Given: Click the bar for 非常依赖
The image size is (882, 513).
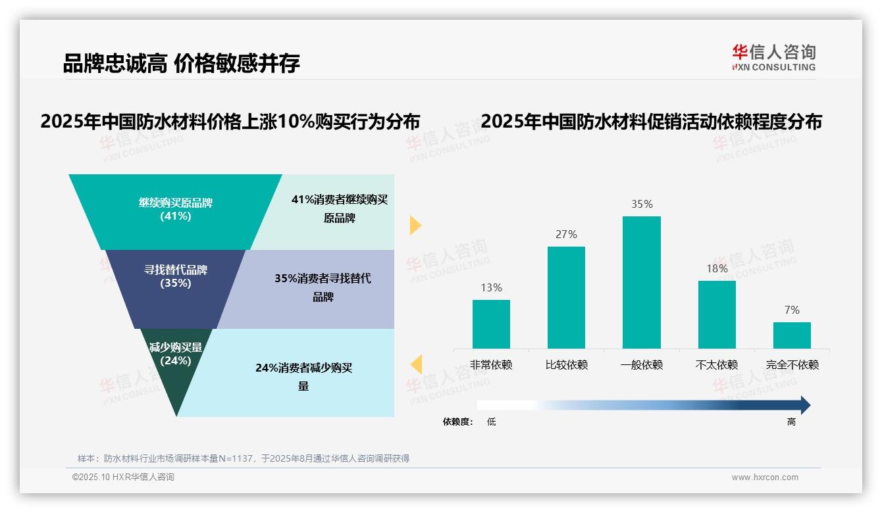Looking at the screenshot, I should point(491,324).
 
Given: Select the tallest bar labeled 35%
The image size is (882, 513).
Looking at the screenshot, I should point(642,282).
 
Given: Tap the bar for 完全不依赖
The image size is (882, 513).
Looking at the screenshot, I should point(792,335).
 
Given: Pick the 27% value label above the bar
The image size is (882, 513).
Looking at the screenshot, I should point(566,234).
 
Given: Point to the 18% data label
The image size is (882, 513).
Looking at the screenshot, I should point(717,268).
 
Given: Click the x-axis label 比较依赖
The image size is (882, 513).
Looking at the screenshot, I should point(566,365).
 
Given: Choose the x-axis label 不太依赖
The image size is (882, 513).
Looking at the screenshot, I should point(717,365).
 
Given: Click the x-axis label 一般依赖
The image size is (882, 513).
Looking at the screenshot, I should point(642,365).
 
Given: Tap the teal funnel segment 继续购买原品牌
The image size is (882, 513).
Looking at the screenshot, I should point(176,209).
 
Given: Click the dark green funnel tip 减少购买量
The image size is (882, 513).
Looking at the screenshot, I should point(176,368).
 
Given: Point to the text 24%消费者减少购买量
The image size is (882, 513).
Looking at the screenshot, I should point(303,377).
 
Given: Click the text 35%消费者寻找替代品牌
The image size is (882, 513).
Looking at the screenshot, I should point(323,287).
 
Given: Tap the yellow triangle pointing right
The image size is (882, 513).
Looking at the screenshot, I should point(415,225).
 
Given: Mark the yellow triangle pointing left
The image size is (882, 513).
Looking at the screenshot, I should point(416,364).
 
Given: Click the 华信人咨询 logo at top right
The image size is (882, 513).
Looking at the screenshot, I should point(773,57).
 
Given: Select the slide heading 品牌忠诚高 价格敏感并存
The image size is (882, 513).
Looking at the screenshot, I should point(181,63).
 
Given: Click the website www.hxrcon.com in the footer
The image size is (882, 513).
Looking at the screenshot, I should point(765,477).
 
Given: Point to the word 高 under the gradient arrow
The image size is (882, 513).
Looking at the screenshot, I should point(791,422).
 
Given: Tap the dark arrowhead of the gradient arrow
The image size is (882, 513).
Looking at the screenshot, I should point(804,405).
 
